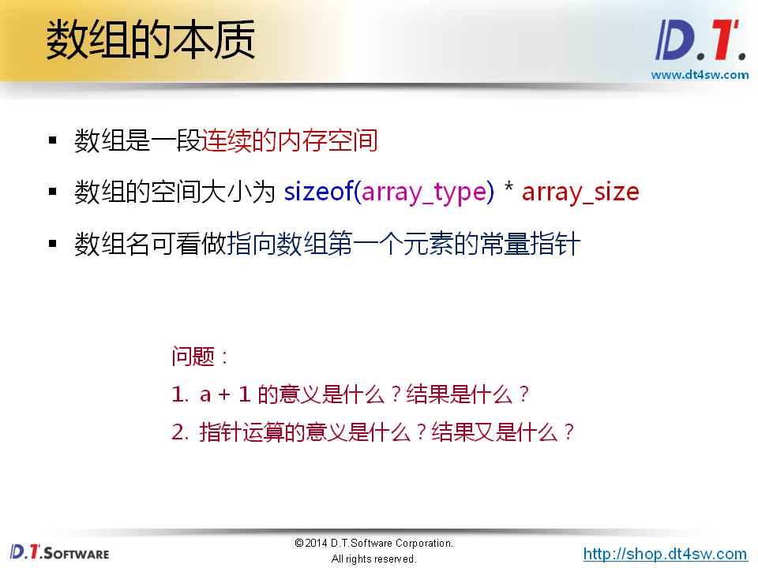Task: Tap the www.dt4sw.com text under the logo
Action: tap(700, 75)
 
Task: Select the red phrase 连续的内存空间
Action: tap(289, 141)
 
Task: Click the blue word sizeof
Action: tap(318, 192)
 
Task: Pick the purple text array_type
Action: tap(424, 192)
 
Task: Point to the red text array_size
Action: tap(580, 192)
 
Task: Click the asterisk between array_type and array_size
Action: tap(508, 191)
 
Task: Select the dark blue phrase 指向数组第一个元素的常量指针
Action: tap(403, 244)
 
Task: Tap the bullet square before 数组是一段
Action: tap(53, 140)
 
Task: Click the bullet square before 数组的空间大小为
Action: tap(53, 192)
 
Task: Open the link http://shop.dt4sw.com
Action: tap(665, 554)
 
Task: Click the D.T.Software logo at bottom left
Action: tap(60, 551)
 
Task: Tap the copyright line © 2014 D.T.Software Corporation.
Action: tap(373, 544)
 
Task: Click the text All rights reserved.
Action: tap(373, 559)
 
